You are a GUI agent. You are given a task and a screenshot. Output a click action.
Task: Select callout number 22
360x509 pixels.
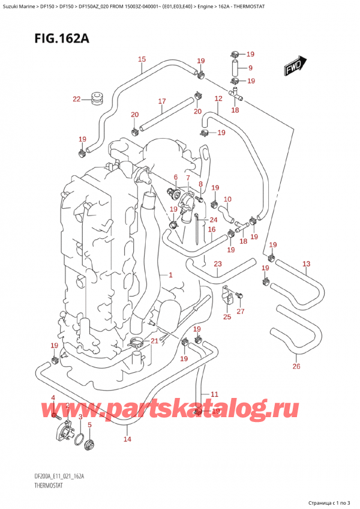point(76,99)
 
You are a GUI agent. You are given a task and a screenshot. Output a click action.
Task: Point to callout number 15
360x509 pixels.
point(142,59)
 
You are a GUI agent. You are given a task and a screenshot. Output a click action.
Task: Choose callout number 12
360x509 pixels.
point(218,98)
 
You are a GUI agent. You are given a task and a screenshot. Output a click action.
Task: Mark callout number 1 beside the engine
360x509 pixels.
point(170,275)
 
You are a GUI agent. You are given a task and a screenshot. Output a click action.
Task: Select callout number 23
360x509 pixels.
point(217,264)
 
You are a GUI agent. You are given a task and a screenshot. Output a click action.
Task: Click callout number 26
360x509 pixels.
point(296,367)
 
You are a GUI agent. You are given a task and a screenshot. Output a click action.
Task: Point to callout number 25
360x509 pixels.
point(227,316)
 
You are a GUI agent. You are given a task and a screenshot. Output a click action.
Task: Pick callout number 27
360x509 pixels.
point(241,311)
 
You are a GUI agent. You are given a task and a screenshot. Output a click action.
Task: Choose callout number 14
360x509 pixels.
point(127,439)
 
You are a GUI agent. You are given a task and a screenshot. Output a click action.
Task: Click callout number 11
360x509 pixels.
point(214,394)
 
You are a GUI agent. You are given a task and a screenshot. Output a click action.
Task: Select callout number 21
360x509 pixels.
point(155,341)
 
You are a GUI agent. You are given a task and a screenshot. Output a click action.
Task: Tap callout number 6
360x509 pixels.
point(176,177)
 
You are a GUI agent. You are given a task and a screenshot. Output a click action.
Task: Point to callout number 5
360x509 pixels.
point(89,425)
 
